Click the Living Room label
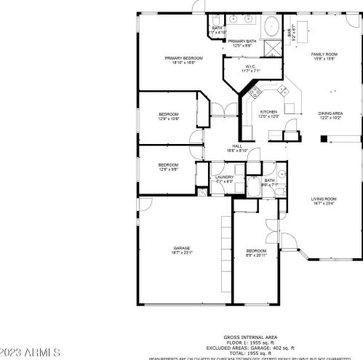(324, 201)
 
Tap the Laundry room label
(224, 179)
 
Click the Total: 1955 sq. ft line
(249, 353)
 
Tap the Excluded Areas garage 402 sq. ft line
(249, 348)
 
